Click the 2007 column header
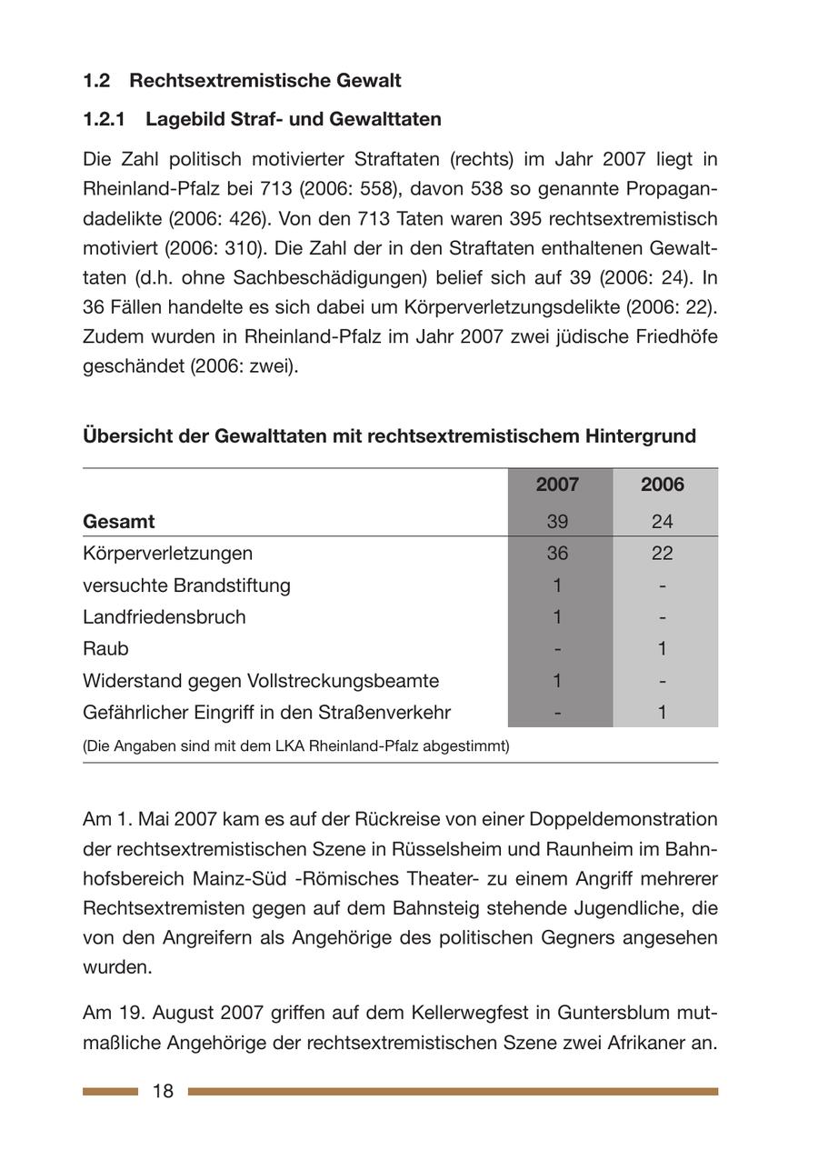557,485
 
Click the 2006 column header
662,485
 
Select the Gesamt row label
119,522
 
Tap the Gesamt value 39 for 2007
557,522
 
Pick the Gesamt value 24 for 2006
662,522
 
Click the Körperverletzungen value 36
557,554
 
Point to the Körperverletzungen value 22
662,554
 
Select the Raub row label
105,649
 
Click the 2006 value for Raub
662,649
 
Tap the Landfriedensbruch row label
165,617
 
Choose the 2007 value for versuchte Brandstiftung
557,585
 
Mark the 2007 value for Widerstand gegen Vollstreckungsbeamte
557,681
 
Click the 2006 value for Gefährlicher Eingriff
662,713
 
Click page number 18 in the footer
163,1091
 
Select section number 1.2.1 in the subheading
104,119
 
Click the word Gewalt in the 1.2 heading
369,81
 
